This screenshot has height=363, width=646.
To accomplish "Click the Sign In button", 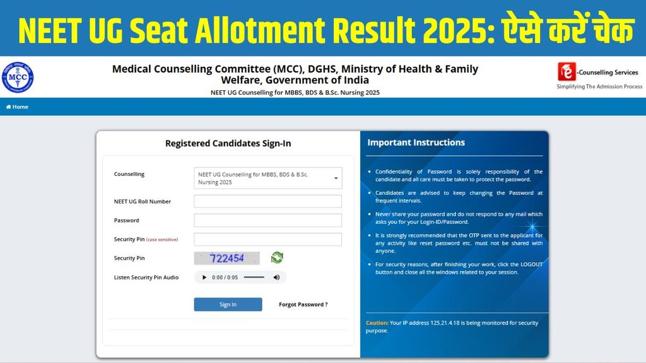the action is tap(228, 304).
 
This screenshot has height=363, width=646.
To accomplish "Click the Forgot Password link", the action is tap(303, 304).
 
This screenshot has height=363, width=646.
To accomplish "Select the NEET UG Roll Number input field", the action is tap(267, 201).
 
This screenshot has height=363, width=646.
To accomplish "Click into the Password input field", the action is tap(267, 220).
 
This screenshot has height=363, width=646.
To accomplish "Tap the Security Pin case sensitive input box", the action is tap(267, 239).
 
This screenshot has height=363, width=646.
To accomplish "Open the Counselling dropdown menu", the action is tap(267, 178).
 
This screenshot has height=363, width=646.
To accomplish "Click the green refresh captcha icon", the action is tap(278, 258).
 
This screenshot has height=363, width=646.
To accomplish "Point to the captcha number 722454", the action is tap(227, 258).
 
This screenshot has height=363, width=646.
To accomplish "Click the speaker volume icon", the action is tap(276, 277).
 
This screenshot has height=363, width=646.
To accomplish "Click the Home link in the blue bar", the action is tap(17, 107).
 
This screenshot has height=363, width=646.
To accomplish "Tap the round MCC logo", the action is tap(18, 78).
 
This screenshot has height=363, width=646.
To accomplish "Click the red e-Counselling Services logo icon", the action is tap(567, 72).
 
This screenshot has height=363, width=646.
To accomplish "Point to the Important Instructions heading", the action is tap(416, 142).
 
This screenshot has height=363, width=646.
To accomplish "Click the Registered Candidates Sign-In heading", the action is tap(228, 143).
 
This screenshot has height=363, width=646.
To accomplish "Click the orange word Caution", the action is tap(377, 323).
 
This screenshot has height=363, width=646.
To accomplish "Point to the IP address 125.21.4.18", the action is tap(445, 323).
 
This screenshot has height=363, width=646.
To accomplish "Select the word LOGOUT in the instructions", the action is tap(531, 264).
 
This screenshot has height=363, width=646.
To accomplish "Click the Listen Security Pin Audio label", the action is tap(146, 277).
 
